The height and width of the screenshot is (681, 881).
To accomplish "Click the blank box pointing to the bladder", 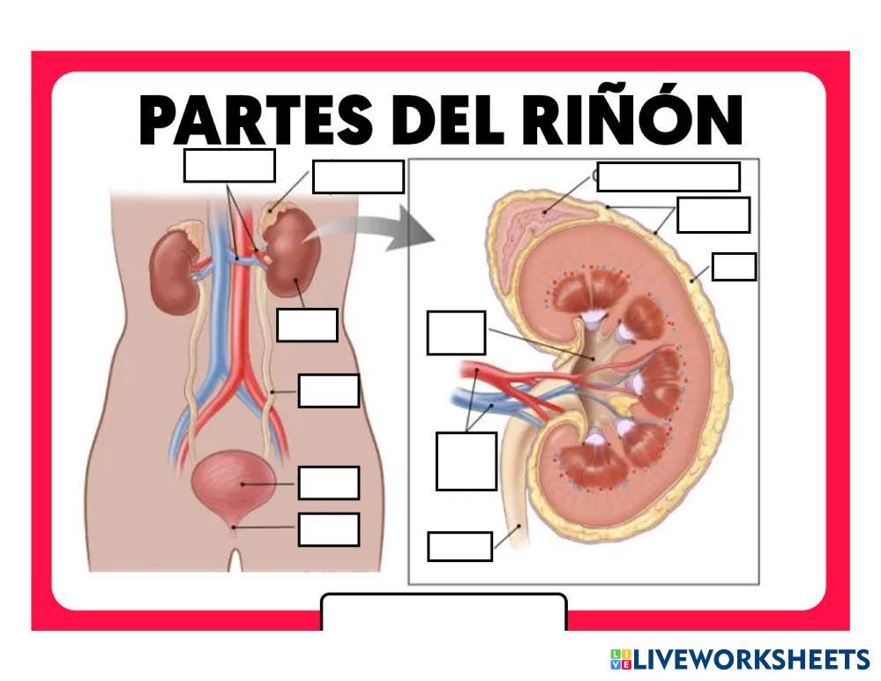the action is coord(328,483).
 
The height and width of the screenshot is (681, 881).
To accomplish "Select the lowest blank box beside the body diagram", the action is coord(328,529).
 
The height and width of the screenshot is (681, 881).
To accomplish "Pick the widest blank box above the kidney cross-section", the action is coord(668,176).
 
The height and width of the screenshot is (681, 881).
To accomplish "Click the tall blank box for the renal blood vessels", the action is coord(466,460).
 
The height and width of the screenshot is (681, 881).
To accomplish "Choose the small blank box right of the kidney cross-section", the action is coord(734,266).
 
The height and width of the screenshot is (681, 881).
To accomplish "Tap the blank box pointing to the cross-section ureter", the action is coord(459,546).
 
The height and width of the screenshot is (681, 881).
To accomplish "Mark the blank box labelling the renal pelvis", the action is coord(456,333).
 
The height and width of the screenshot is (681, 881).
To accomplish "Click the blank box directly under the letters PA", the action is coord(229,165).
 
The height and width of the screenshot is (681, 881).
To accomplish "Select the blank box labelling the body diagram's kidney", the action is coord(307,325).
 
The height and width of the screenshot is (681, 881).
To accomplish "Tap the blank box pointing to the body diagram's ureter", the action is coord(328,391).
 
